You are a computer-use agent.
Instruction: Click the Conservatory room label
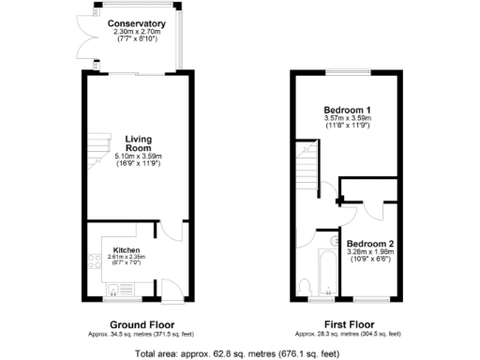137,22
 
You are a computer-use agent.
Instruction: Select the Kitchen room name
127,250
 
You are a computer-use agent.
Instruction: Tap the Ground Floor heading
137,324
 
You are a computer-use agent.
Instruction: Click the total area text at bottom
239,353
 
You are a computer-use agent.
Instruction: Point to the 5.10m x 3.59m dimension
139,157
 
